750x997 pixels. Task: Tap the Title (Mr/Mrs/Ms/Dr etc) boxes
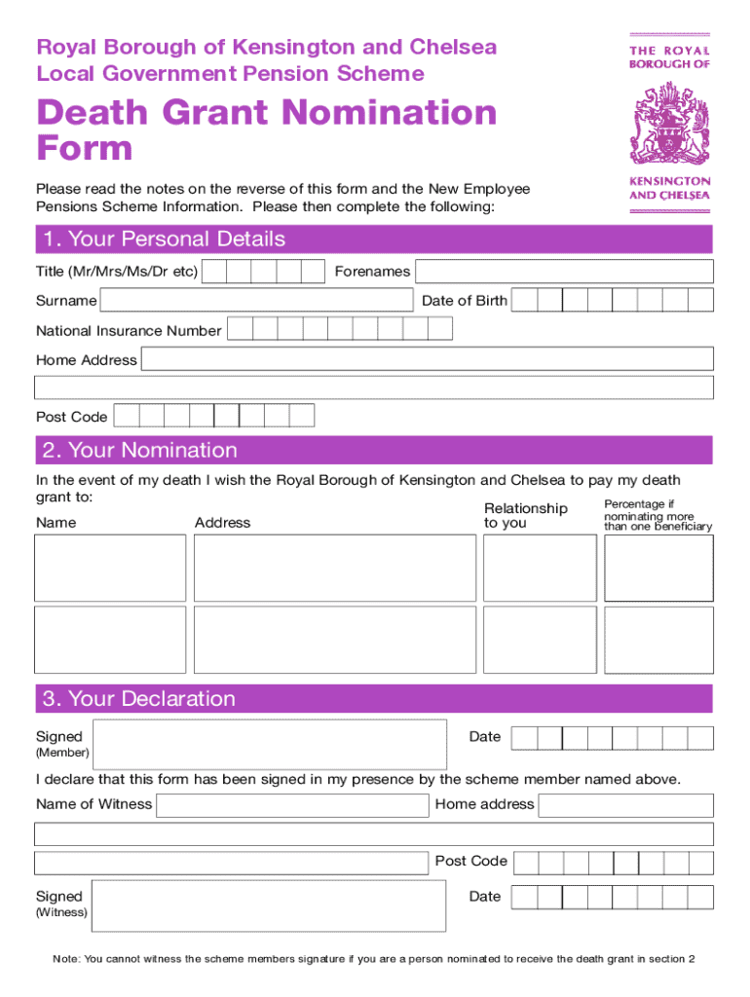[x=263, y=272]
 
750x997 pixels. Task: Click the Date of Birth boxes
[x=612, y=301]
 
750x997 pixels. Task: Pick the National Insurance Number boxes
[x=339, y=329]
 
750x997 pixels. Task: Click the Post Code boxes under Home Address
[x=213, y=416]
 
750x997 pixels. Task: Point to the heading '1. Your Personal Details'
[x=163, y=240]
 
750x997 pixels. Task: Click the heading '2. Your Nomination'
[x=139, y=450]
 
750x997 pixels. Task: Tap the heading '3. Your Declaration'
[x=138, y=699]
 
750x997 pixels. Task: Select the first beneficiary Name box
[x=110, y=567]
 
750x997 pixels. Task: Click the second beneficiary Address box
[x=335, y=639]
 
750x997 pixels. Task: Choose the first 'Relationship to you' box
[x=540, y=567]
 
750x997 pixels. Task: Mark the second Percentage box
[x=658, y=639]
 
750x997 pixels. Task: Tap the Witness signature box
[x=269, y=905]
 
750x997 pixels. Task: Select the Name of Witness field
[x=292, y=805]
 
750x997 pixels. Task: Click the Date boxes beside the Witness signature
[x=612, y=897]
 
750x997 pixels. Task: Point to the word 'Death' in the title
[x=95, y=114]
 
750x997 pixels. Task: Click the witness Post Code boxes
[x=612, y=862]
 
